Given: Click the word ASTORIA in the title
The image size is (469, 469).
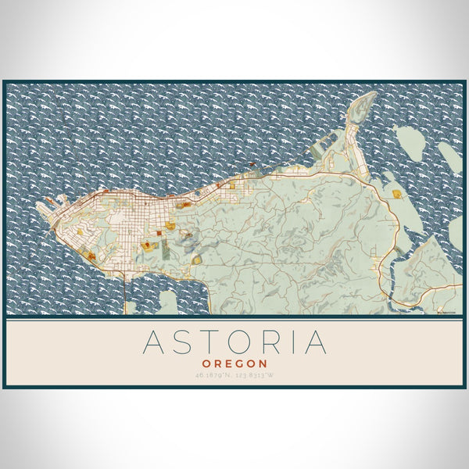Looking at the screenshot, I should coord(234,342).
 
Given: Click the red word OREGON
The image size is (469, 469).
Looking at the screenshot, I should coord(234,363).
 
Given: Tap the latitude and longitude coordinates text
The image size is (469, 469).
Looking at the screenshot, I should coord(234,376).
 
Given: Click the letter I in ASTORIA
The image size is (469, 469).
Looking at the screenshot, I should coord(292,342).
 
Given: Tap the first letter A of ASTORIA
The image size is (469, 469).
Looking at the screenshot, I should coord(150,342).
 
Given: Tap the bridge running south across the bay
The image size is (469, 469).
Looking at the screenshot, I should coord(124,289).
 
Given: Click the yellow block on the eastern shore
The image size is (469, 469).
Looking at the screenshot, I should coord(397,193).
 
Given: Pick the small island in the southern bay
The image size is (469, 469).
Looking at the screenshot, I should coord(169,302).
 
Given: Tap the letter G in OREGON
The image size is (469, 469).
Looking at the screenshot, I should coord(237,363).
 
